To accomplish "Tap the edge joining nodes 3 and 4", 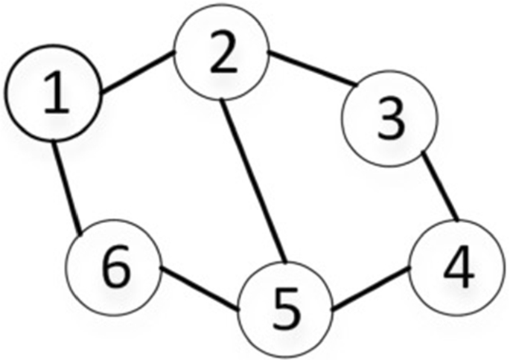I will coord(440,187).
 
